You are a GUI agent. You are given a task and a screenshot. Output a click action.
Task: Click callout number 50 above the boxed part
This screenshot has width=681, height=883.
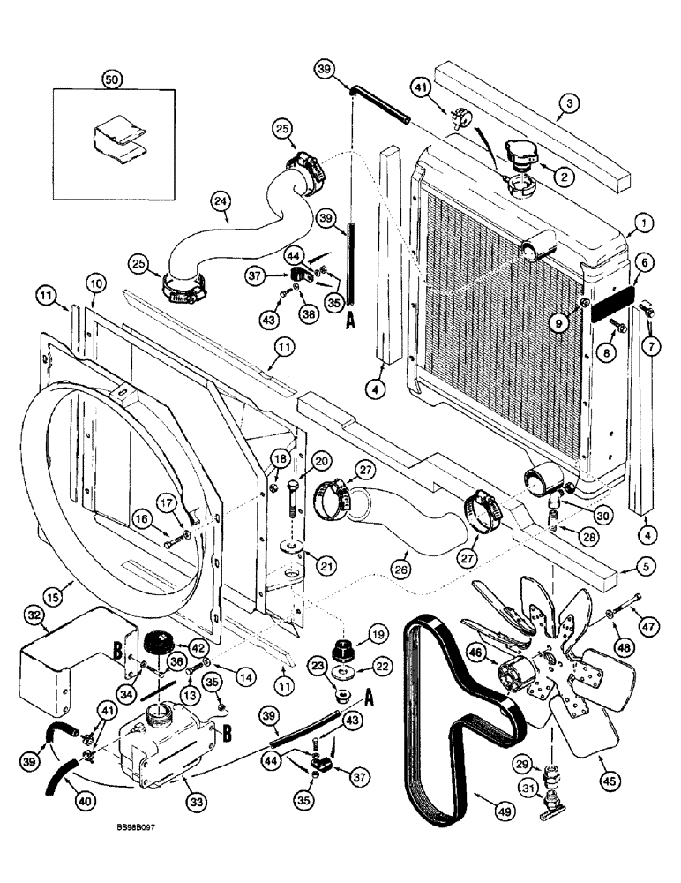112,79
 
